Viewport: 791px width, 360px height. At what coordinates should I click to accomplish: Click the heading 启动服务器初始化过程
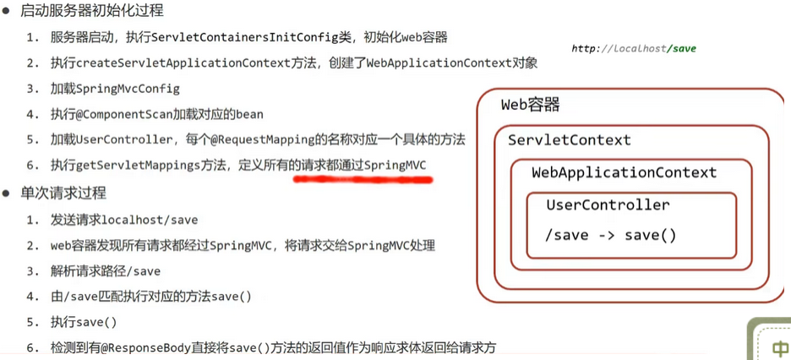tap(92, 12)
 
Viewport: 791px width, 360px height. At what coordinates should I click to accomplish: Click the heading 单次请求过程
tap(63, 193)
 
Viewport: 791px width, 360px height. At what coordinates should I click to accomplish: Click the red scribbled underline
tap(363, 179)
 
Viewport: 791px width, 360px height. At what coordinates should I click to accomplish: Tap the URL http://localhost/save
tap(633, 49)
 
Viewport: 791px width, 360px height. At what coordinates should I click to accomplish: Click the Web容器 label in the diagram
tap(530, 106)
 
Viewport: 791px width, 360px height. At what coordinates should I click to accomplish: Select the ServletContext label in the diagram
tap(569, 140)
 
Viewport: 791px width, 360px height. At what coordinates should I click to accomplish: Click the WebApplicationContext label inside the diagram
tap(624, 172)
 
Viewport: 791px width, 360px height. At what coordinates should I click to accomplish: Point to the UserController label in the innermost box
tap(608, 205)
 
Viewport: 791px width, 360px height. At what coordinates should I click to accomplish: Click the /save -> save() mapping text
tap(611, 235)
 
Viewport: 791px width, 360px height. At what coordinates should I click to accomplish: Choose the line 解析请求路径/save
tap(105, 271)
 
